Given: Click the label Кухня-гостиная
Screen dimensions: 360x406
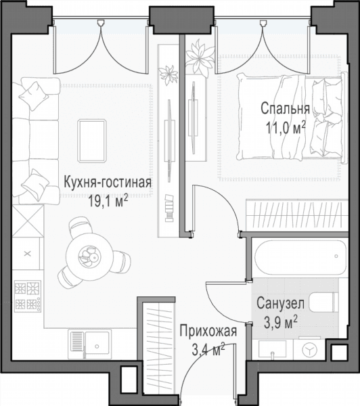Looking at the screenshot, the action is (x=108, y=183).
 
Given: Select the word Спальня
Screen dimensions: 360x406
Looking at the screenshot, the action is (x=285, y=108).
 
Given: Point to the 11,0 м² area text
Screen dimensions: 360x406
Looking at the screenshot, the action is (x=286, y=128).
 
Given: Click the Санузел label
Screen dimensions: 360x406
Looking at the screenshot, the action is (x=280, y=303).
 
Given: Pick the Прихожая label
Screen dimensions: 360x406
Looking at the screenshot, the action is (x=208, y=331).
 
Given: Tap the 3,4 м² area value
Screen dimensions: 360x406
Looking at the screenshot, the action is (x=208, y=349).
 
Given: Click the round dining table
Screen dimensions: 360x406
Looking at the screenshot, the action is (x=89, y=256).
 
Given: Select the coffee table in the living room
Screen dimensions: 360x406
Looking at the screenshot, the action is (x=92, y=141).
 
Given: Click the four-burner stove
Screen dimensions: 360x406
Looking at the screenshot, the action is (x=28, y=296).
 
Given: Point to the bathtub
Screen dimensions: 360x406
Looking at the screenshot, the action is (x=300, y=258).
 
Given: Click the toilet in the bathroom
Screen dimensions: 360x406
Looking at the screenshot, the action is (x=323, y=302).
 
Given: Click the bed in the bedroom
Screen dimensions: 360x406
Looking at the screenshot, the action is (x=292, y=118).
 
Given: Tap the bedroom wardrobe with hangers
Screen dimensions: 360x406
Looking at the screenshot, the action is (x=297, y=215).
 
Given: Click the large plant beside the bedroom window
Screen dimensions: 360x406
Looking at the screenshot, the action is (x=200, y=57).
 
